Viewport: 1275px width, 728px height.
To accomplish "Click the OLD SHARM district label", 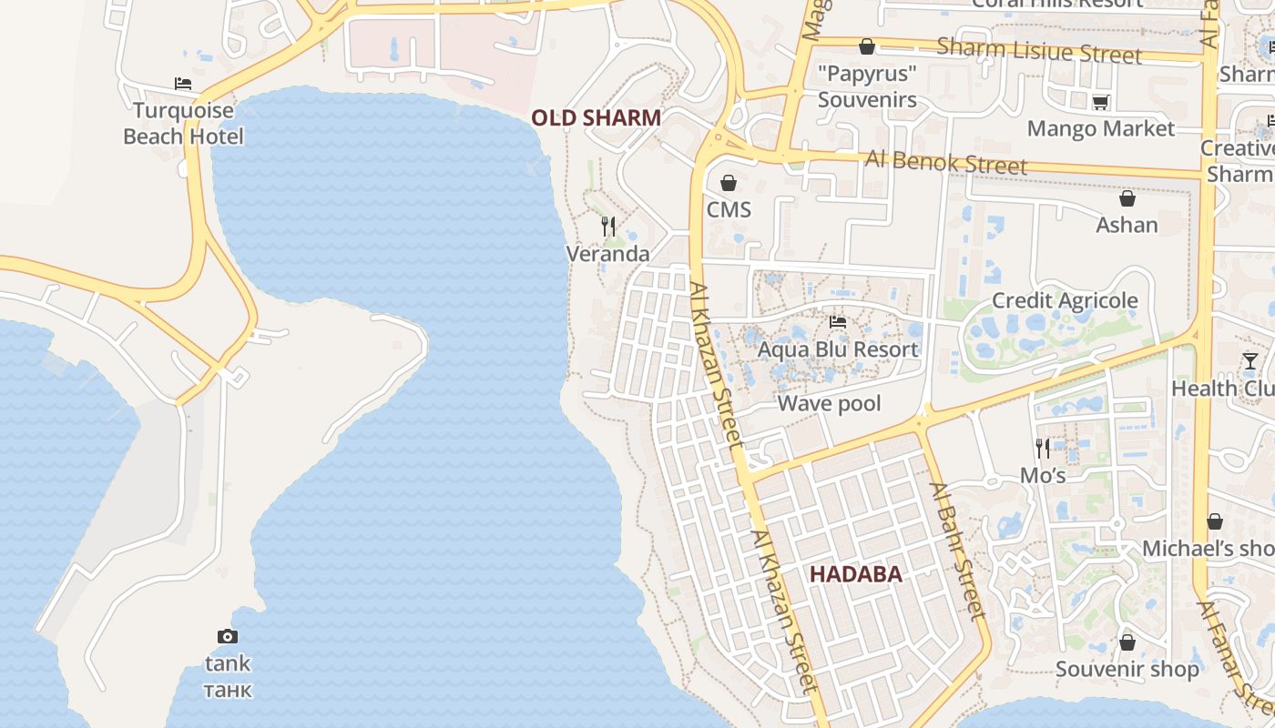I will [596, 117].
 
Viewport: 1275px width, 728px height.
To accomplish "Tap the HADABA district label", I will [855, 574].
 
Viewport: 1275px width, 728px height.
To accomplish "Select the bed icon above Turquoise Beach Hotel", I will [183, 84].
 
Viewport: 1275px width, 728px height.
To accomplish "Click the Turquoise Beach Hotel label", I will [183, 124].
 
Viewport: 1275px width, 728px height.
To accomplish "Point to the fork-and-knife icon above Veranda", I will [608, 226].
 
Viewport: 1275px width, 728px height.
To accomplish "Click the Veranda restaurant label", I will [608, 254].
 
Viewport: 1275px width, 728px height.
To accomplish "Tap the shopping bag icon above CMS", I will [729, 183].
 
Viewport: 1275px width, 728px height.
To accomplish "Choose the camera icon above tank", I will [227, 637].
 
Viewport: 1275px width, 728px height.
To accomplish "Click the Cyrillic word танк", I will [227, 689].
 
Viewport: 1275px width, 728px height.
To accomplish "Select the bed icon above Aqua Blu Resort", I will [838, 322].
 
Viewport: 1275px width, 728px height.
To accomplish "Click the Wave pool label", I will [829, 403].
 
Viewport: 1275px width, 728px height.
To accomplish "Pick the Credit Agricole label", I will [1065, 300].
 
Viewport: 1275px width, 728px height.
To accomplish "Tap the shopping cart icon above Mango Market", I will [1100, 102].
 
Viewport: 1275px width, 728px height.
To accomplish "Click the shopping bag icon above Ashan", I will [1127, 198].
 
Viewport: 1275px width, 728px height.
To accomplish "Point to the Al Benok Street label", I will [946, 163].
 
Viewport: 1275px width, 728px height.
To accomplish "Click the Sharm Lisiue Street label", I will [1038, 51].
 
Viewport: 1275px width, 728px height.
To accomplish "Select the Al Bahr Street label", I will [958, 551].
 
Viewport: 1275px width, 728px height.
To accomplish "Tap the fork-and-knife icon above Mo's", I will [1043, 448].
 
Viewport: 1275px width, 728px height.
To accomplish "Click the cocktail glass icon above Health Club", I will [1250, 361].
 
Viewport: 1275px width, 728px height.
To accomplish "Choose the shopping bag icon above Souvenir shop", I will [1127, 642].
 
